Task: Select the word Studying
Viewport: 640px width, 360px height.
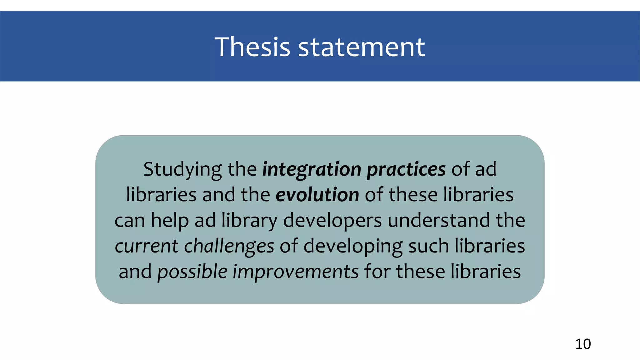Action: [182, 170]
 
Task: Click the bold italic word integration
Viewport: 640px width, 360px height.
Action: [312, 170]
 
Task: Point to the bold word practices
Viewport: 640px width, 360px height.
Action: [406, 170]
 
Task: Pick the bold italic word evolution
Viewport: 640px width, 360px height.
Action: [317, 195]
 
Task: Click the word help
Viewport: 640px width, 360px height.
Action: [170, 220]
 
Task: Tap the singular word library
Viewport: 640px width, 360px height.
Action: [249, 220]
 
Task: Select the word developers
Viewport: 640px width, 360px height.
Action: [332, 220]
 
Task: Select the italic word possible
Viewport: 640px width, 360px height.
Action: [192, 272]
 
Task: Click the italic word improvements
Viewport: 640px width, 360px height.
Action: [295, 272]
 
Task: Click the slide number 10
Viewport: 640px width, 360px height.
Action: [583, 344]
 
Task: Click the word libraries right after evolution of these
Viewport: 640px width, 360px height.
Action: [478, 195]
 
